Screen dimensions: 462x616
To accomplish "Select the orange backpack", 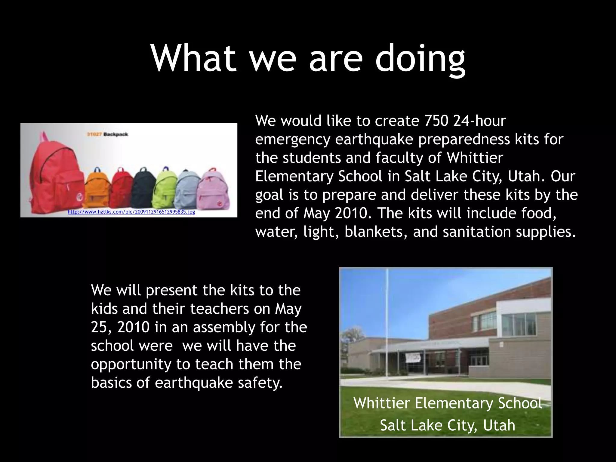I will [98, 188].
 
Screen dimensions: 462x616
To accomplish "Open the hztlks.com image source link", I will [131, 212].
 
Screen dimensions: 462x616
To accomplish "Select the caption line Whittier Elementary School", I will [447, 403].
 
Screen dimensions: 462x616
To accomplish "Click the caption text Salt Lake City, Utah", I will [447, 425].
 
